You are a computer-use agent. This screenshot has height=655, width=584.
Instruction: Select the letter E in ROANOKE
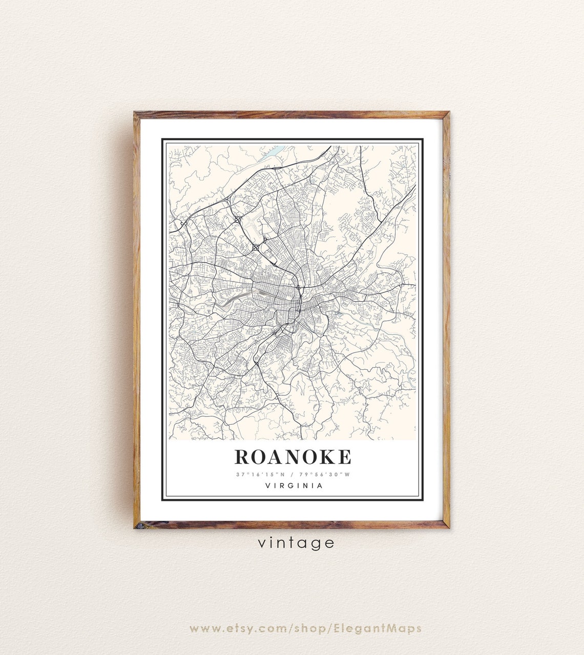coord(344,456)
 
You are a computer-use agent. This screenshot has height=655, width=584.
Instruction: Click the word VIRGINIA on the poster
coord(294,485)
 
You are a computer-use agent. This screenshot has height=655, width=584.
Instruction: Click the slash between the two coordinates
coord(293,474)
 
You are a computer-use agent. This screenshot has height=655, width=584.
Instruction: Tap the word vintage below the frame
coord(296,542)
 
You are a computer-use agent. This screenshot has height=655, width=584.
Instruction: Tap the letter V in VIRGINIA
coord(268,485)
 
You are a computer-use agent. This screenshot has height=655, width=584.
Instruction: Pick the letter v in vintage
coord(262,542)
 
